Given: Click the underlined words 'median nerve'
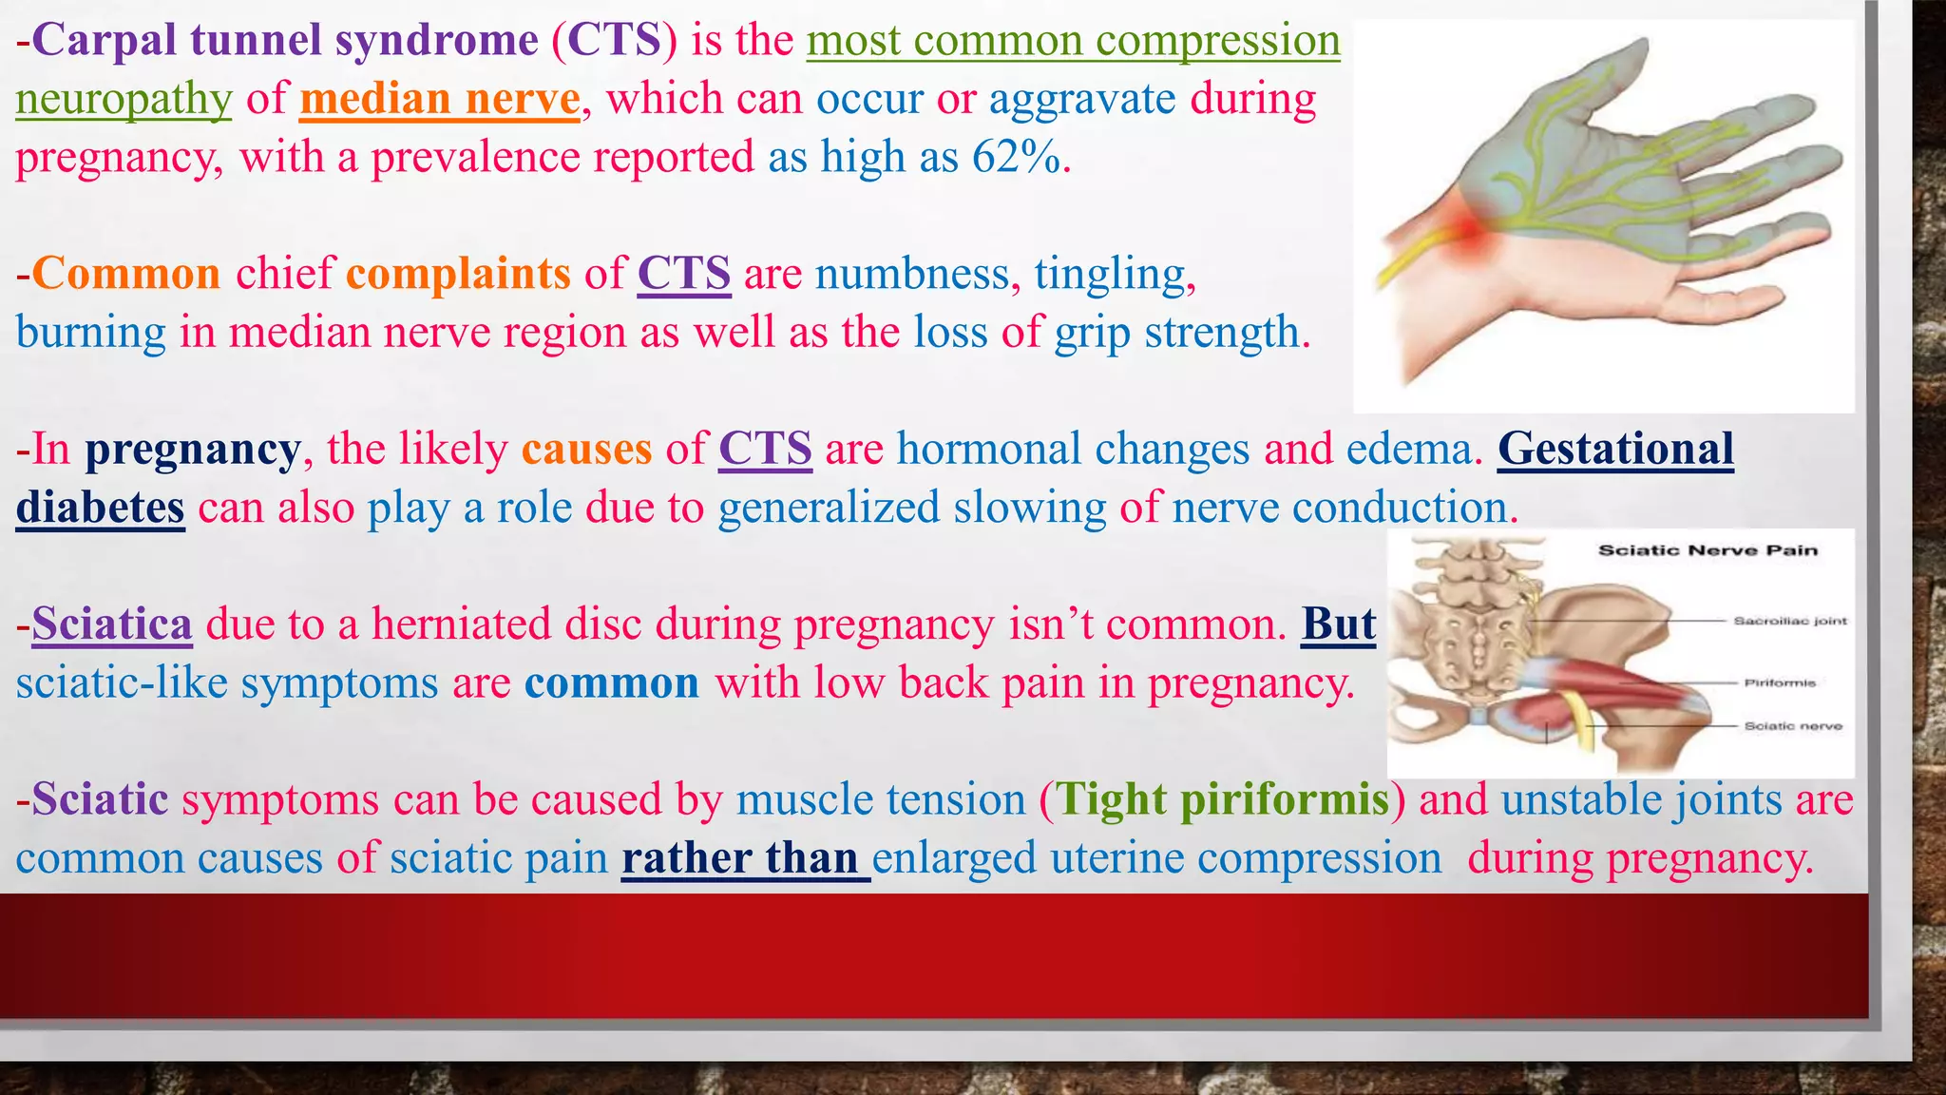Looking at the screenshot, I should point(439,99).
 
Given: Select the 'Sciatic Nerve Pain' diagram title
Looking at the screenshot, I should point(1708,550).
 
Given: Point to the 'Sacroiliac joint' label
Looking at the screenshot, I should point(1789,621).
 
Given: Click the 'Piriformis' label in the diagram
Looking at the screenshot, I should point(1779,682).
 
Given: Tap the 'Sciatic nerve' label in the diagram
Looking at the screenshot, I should point(1792,725).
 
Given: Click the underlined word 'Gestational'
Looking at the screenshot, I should point(1615,449).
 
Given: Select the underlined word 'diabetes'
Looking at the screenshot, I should point(100,508).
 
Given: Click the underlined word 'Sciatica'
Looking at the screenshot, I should point(112,624).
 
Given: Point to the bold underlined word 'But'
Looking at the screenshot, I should point(1338,624).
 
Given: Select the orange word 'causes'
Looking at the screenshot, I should point(586,449).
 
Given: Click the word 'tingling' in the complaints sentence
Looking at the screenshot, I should point(1109,274).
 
